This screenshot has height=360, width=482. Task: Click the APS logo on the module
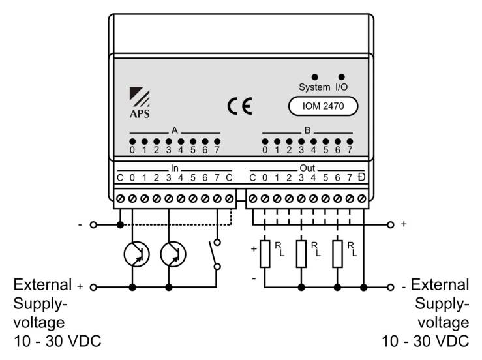pos(140,102)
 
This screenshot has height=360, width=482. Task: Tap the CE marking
pos(240,106)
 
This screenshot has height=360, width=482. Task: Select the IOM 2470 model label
pos(323,106)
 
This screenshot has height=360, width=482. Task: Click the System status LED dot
pos(314,77)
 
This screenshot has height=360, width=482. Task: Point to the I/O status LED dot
pos(341,77)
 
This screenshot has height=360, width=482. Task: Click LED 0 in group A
pos(132,142)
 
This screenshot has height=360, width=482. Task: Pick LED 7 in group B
pos(350,142)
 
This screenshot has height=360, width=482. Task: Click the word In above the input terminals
pos(175,168)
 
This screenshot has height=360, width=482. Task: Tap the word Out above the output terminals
pos(307,168)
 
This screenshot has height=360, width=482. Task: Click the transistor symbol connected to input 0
pos(137,254)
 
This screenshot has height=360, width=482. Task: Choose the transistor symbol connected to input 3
pos(173,254)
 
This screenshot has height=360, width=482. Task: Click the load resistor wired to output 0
pos(265,254)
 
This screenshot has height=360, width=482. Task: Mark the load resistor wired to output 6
pos(337,254)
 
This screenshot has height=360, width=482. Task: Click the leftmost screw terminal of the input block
pos(121,199)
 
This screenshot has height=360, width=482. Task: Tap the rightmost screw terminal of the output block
pos(362,199)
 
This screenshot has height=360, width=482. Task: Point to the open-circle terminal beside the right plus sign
pos(391,225)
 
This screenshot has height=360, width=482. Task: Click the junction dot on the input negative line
pos(120,225)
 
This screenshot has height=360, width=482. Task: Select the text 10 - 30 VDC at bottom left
pos(57,341)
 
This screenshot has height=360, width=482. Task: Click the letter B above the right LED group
pos(307,130)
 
